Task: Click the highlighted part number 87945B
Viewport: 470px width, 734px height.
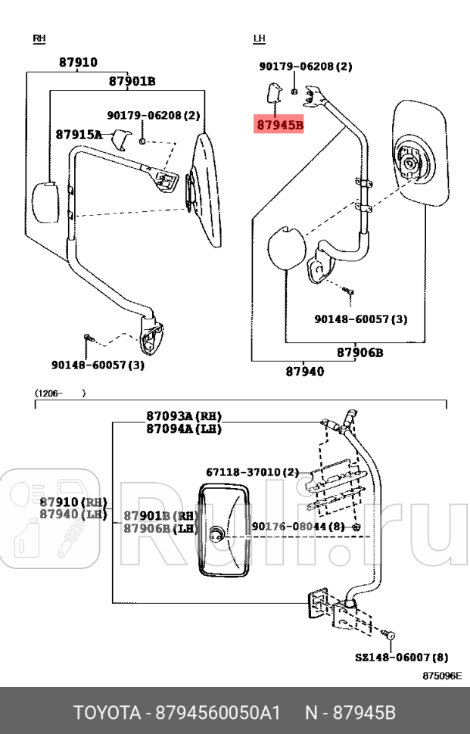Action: coord(279,125)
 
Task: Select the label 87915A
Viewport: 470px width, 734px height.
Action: coord(78,134)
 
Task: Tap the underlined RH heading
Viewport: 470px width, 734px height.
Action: coord(39,38)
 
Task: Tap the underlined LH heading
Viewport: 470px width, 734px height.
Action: coord(260,38)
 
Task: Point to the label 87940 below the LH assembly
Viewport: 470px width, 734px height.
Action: coord(304,372)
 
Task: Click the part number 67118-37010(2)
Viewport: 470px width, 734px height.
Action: coord(251,471)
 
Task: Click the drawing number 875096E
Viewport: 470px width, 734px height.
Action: coord(441,676)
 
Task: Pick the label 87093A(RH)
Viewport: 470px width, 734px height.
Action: coord(184,416)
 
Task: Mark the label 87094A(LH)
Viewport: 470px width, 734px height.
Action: coord(184,428)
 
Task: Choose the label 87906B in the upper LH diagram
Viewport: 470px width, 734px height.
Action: coord(360,353)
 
